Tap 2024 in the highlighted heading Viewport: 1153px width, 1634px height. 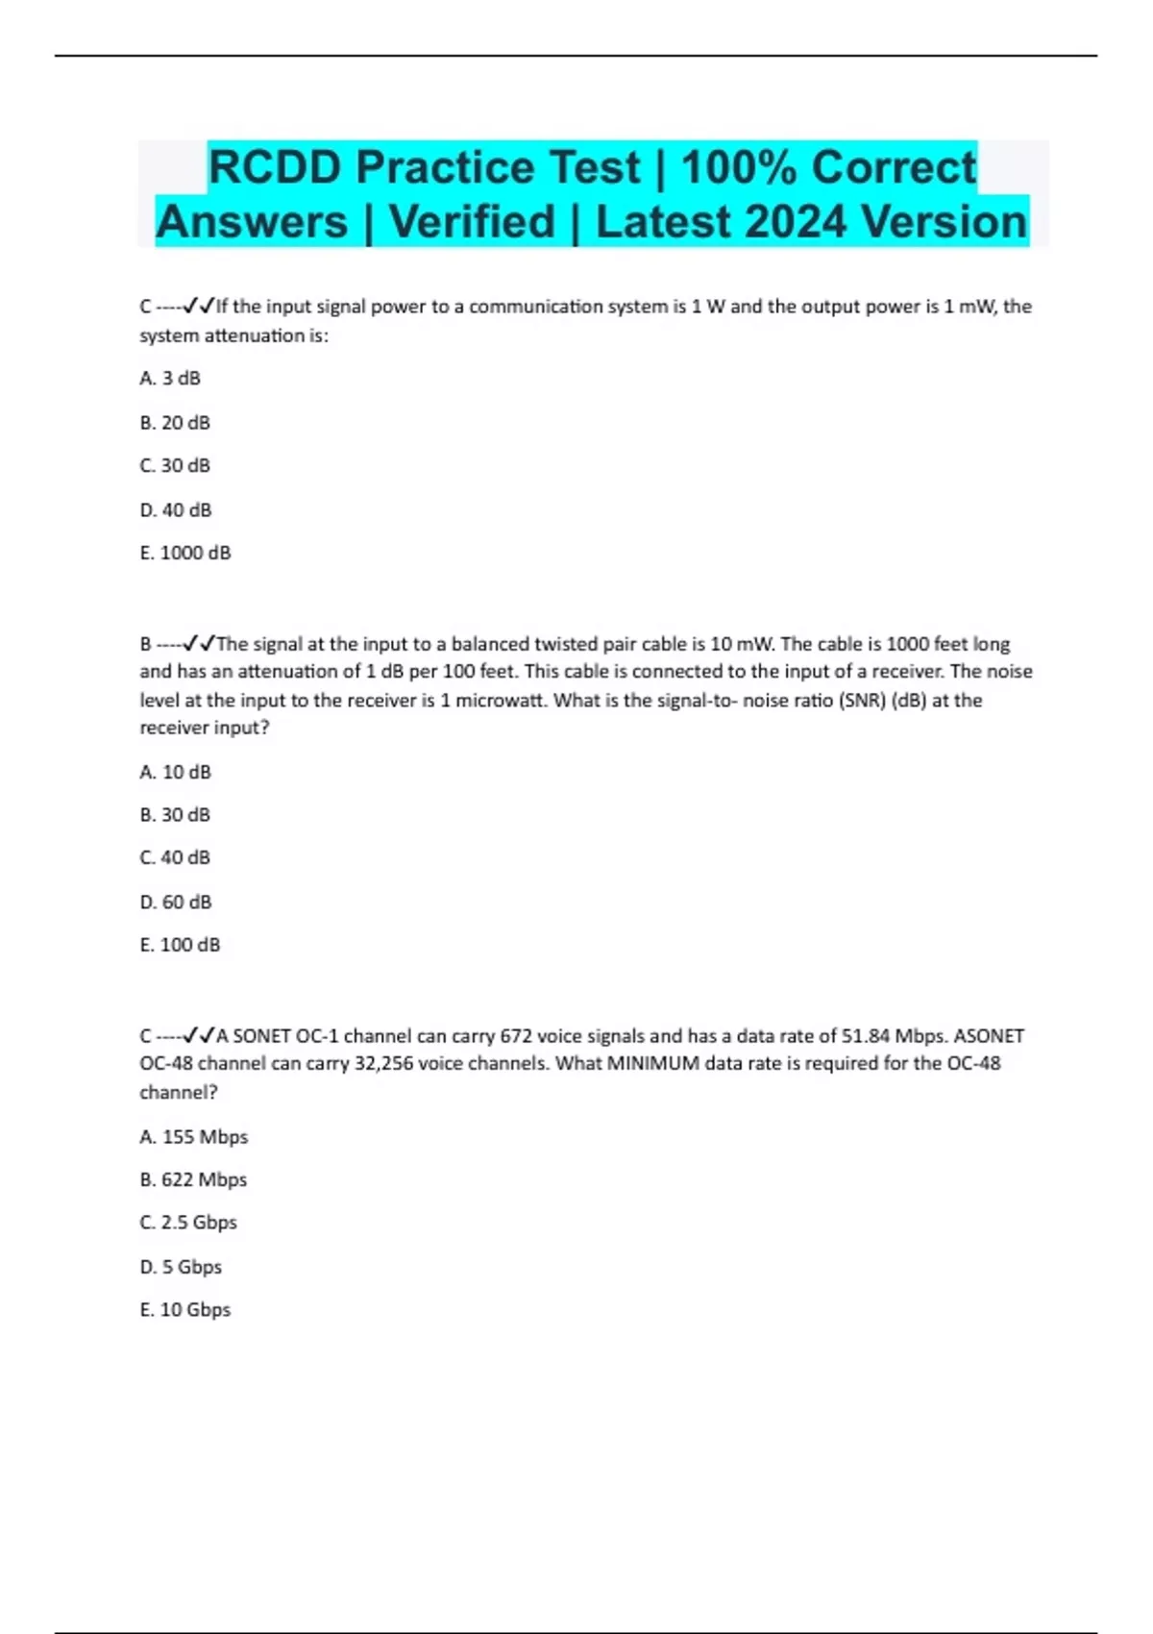795,222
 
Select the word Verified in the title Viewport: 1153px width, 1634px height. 472,222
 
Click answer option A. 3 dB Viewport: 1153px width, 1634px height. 170,379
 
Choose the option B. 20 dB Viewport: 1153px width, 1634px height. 175,423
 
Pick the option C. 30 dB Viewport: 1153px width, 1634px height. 175,466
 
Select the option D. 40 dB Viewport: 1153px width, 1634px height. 176,510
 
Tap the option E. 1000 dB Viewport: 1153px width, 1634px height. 185,554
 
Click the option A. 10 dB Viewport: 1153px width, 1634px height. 175,773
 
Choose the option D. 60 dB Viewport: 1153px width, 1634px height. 176,903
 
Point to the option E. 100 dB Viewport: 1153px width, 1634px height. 180,946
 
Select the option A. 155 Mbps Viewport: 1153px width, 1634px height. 193,1137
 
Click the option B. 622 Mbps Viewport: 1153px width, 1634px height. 193,1180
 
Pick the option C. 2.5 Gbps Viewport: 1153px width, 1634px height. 188,1223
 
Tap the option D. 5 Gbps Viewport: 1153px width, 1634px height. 181,1268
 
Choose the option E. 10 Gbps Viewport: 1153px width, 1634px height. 185,1310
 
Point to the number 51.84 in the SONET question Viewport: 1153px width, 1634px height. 866,1036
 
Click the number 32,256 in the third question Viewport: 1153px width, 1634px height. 384,1064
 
